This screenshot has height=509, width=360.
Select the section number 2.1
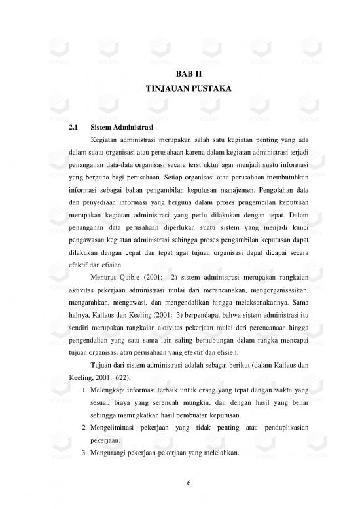[x=74, y=127]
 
